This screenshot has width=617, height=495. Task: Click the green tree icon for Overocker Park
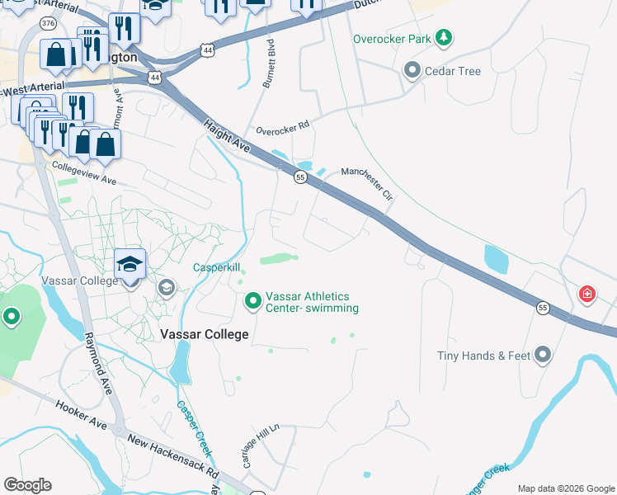(x=445, y=38)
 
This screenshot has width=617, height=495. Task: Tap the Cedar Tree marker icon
(x=412, y=71)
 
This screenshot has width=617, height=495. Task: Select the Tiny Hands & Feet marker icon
(x=542, y=356)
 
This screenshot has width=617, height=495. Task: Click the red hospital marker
(x=586, y=294)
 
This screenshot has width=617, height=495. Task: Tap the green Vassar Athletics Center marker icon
(x=253, y=302)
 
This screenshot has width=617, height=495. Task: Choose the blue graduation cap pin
(x=130, y=264)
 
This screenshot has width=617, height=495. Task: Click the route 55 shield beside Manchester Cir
(x=299, y=177)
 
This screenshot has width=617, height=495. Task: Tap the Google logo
(x=27, y=485)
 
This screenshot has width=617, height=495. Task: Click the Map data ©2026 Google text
(x=565, y=488)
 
